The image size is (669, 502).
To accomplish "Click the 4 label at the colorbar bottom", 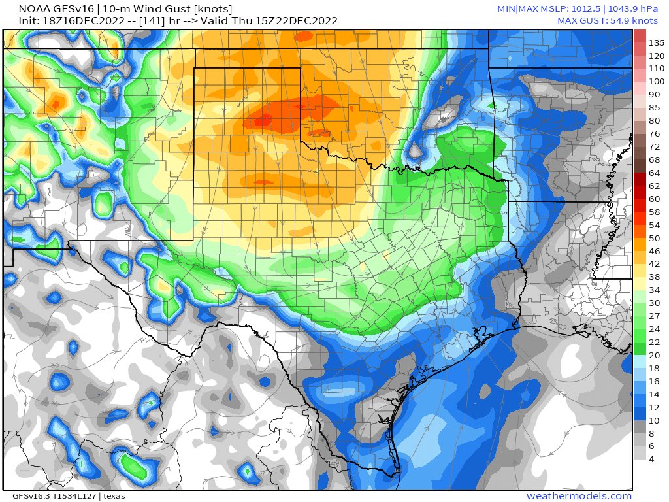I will pyautogui.click(x=651, y=459).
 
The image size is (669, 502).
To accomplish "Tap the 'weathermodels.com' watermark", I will pyautogui.click(x=579, y=496).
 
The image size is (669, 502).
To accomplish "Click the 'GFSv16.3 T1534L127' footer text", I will pyautogui.click(x=50, y=496).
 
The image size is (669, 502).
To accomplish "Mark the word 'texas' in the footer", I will pyautogui.click(x=114, y=496).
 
